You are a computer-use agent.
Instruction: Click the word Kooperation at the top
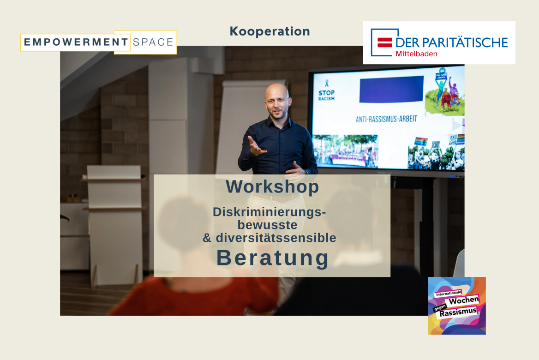(269, 31)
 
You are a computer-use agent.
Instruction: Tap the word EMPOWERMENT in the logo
(76, 42)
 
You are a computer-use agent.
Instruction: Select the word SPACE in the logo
(153, 42)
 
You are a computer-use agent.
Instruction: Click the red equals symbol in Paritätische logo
(384, 42)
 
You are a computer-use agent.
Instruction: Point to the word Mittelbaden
(416, 54)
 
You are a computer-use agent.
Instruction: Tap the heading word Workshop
(272, 187)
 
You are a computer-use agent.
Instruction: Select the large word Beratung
(273, 258)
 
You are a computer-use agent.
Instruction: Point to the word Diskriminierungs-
(269, 212)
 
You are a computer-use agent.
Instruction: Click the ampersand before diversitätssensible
(207, 238)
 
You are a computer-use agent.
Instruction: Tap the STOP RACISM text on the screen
(326, 95)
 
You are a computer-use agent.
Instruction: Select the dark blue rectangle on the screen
(391, 89)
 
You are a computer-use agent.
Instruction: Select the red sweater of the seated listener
(185, 295)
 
